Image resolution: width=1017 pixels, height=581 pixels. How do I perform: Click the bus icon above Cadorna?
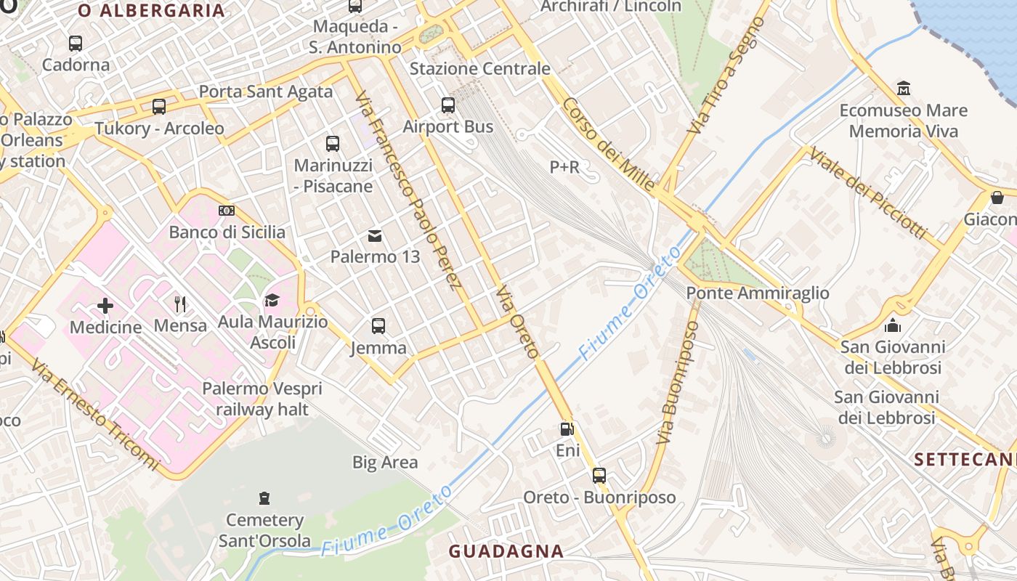[x=76, y=44]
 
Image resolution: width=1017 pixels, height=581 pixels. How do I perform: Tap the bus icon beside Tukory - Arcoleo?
[x=159, y=107]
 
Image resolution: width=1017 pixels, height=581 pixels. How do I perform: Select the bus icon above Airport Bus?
[x=448, y=105]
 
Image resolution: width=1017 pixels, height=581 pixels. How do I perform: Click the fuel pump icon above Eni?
[x=567, y=429]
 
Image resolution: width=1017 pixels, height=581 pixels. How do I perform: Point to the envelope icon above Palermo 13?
[x=375, y=235]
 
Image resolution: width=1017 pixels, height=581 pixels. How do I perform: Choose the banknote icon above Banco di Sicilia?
[x=227, y=211]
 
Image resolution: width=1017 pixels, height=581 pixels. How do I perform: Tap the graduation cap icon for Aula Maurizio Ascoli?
[x=272, y=300]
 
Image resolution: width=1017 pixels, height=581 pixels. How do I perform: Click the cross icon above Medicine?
[x=105, y=305]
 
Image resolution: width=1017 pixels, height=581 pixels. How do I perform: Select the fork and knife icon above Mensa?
[x=180, y=304]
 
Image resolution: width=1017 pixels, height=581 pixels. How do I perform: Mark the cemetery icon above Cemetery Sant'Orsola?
[x=264, y=498]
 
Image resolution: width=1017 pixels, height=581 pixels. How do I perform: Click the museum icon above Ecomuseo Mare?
[x=904, y=89]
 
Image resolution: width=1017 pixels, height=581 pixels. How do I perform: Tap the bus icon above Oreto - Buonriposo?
[x=599, y=476]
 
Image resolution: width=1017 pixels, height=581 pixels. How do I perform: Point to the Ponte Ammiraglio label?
[x=758, y=293]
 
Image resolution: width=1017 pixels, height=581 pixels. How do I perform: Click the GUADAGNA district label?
[x=506, y=551]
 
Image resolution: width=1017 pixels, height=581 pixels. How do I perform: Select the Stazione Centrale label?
[x=480, y=69]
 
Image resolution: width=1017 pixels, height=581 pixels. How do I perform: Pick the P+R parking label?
[x=564, y=167]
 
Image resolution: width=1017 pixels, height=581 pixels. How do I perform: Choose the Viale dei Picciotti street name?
[x=867, y=193]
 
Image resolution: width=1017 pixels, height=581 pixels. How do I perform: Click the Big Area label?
[x=385, y=463]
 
